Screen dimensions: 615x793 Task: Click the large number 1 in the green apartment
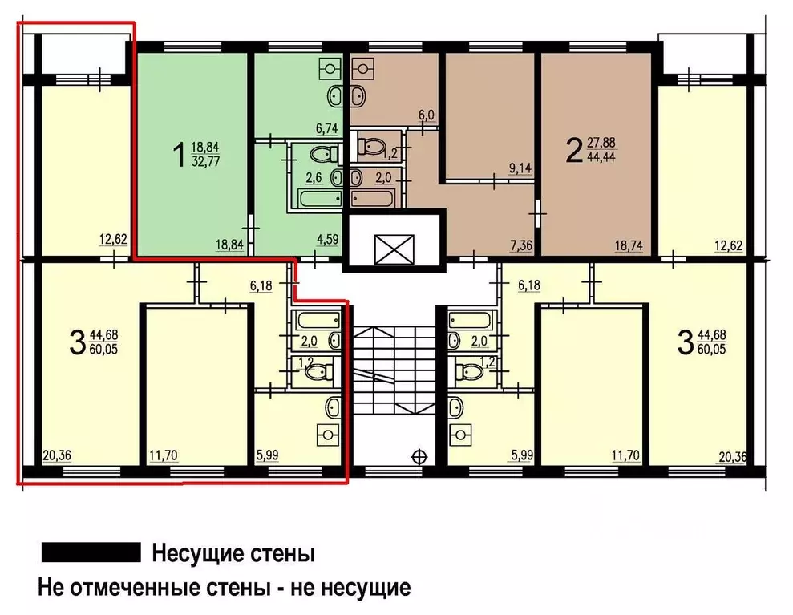pos(178,154)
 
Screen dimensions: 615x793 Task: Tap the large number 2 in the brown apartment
pos(573,150)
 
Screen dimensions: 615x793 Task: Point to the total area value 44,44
pos(603,157)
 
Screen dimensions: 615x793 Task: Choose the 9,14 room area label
pos(520,168)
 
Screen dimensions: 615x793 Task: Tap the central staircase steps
pos(393,369)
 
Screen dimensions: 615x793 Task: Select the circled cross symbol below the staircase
pos(418,458)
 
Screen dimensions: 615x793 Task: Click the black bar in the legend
pos(91,552)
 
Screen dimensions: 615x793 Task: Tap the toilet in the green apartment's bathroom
pos(321,155)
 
